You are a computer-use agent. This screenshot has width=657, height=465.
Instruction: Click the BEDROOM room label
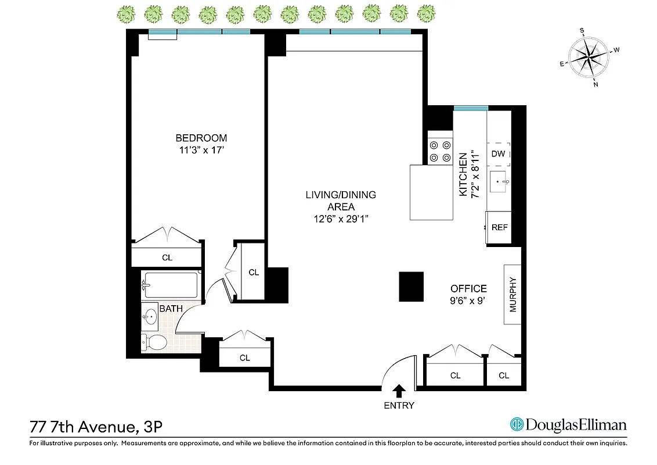point(201,138)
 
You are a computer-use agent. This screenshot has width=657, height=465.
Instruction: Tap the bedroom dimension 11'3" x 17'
point(201,150)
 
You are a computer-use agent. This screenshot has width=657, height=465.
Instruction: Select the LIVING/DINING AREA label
point(341,201)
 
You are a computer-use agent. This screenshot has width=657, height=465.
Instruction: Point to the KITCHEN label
point(463,175)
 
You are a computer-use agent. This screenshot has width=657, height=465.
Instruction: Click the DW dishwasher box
point(498,154)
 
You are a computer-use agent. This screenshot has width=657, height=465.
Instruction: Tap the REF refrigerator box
point(499,227)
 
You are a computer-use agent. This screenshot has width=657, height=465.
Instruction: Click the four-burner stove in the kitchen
point(439,151)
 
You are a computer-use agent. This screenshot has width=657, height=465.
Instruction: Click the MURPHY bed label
point(513,294)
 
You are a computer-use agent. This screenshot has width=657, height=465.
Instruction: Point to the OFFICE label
point(468,288)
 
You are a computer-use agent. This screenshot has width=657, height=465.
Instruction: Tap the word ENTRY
point(399,405)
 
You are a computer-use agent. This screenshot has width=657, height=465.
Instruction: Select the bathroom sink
point(151,317)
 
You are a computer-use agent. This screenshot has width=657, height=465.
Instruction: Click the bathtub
point(171,285)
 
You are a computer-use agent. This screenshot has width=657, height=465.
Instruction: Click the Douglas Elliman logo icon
point(516,425)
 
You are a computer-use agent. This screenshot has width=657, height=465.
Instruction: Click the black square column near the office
point(411,287)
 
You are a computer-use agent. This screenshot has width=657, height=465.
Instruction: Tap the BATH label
point(171,309)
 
